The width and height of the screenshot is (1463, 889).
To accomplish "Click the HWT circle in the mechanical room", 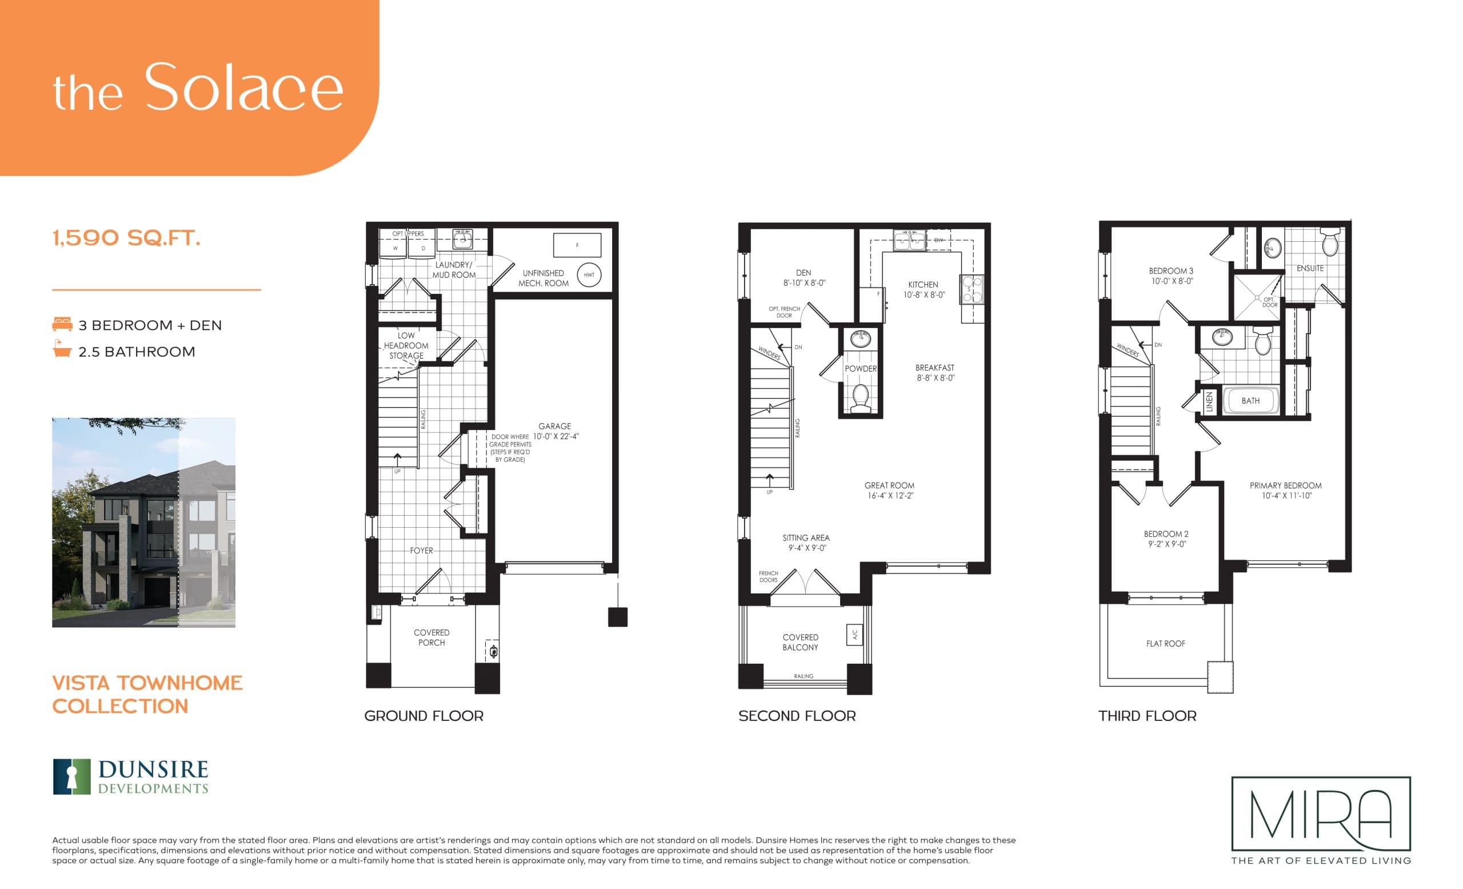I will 589,275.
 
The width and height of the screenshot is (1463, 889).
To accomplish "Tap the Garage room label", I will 554,426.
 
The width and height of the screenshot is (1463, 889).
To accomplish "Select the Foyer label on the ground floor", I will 421,551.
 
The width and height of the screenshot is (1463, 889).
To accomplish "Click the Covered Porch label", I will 431,637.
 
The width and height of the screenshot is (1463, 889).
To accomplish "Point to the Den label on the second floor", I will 804,273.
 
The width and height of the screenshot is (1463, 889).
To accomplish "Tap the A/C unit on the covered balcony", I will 854,635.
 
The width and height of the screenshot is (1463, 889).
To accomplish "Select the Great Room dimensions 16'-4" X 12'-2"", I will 889,496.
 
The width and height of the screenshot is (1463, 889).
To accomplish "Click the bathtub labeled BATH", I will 1250,401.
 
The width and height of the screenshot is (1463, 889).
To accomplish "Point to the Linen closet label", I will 1209,402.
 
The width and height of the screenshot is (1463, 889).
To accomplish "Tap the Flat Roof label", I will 1165,644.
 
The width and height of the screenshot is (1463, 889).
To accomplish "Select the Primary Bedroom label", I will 1285,486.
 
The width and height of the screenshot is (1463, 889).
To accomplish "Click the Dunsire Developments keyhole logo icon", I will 72,776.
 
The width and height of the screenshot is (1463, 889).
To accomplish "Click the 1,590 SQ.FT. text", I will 126,238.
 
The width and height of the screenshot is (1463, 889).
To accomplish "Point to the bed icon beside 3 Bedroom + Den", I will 62,325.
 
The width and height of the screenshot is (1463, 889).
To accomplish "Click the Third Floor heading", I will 1147,716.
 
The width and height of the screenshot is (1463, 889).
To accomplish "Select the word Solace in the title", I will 243,87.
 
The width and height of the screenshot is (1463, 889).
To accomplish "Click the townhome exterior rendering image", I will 143,523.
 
